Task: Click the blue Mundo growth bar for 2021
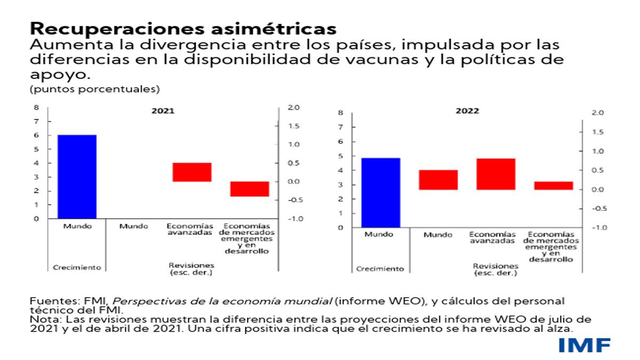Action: click(77, 176)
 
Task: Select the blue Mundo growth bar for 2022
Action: click(381, 192)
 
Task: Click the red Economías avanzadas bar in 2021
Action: click(192, 172)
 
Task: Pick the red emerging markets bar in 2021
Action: click(250, 189)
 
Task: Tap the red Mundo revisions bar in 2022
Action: click(438, 180)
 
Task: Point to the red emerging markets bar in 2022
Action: click(554, 186)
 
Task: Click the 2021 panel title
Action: click(163, 111)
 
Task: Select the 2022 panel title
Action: click(467, 111)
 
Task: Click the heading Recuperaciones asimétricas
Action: click(183, 27)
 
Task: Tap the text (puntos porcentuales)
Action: click(95, 88)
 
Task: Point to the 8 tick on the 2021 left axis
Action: click(36, 107)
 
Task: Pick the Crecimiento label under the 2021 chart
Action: click(77, 268)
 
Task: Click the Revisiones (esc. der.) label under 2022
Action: click(495, 269)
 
